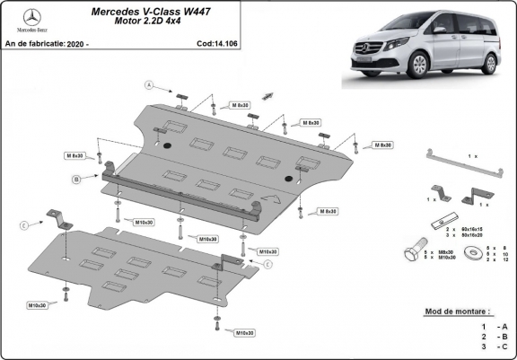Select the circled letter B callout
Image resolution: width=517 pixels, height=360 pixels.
point(76,180)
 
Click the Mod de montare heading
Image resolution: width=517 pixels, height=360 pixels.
point(459,312)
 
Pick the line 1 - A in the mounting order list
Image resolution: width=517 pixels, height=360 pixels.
point(494,326)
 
